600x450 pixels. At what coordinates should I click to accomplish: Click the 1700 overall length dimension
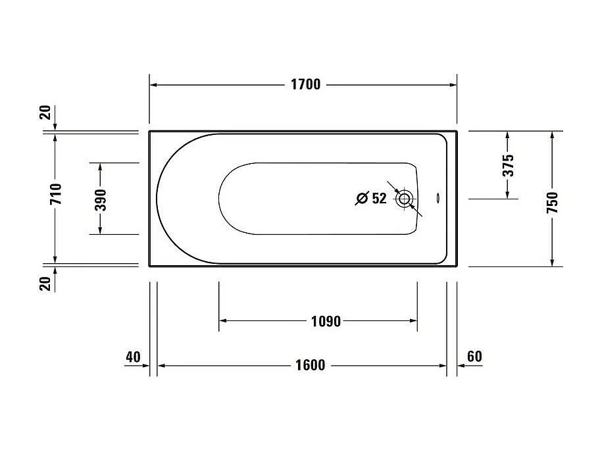[305, 84]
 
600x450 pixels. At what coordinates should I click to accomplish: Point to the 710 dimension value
[55, 195]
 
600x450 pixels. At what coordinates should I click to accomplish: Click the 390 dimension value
[100, 199]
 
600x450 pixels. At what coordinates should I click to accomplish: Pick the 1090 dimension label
[325, 321]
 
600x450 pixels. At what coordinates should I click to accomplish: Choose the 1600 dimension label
[309, 365]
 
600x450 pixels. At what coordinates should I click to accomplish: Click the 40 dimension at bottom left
[133, 357]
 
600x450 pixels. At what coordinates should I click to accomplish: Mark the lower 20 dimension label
[45, 284]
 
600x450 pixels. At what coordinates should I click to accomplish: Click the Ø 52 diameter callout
[371, 198]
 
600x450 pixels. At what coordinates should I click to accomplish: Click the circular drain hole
[403, 197]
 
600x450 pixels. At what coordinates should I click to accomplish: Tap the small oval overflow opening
[439, 197]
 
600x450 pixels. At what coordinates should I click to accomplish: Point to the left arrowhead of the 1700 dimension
[154, 84]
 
